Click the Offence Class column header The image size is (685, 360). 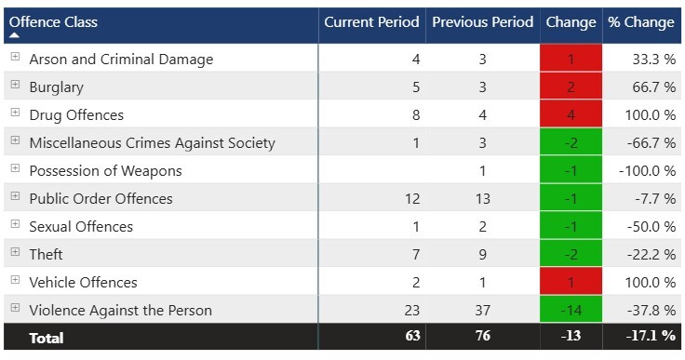(x=54, y=21)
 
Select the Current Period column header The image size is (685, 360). (x=371, y=21)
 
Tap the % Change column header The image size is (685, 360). (x=640, y=21)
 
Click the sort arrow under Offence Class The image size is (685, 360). (x=15, y=35)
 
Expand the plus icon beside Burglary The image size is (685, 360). (x=15, y=86)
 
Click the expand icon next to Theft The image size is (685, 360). (x=15, y=253)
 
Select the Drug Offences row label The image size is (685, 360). (x=76, y=114)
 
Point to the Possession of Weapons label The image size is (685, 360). (x=105, y=170)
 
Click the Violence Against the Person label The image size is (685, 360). (x=120, y=310)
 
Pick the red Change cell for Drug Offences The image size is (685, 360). (x=571, y=114)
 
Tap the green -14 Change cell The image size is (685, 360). (x=571, y=310)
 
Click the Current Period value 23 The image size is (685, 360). (x=411, y=310)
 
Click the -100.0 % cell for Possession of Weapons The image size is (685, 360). (x=650, y=170)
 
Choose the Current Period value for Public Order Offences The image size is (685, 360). (x=411, y=198)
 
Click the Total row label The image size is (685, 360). (x=47, y=338)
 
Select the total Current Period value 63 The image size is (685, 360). (x=411, y=338)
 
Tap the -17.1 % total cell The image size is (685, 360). (x=651, y=338)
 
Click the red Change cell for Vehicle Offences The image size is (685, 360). (x=571, y=282)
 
